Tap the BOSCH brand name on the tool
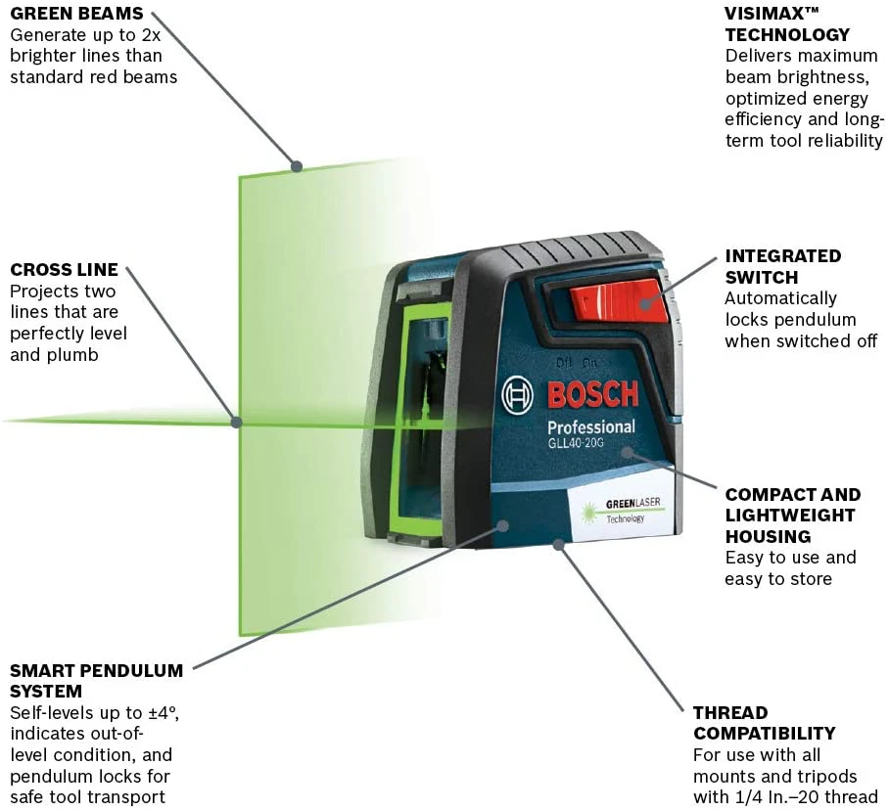(x=592, y=394)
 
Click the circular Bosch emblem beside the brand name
(x=519, y=396)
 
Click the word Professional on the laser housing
(x=590, y=427)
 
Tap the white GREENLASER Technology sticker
(x=619, y=508)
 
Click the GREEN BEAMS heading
(x=76, y=14)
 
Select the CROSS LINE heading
(x=64, y=269)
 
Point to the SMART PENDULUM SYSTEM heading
(x=96, y=681)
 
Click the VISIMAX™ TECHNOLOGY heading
(x=787, y=24)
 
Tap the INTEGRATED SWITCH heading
(x=782, y=266)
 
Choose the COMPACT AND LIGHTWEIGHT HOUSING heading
(x=792, y=516)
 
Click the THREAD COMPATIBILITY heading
(x=764, y=723)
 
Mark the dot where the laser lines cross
(x=236, y=422)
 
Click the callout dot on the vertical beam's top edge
(x=296, y=166)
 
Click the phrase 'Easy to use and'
(x=790, y=558)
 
